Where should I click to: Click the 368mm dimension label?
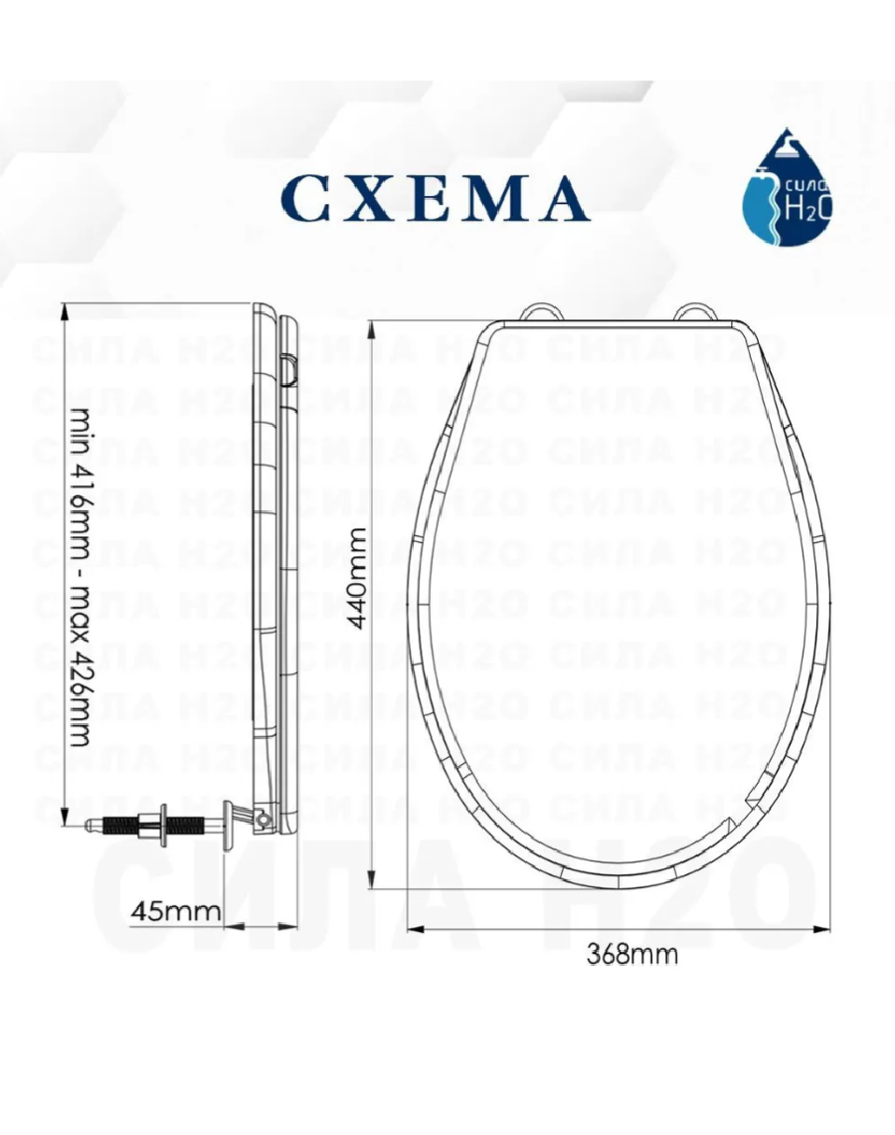point(631,954)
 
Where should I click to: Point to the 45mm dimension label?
point(175,910)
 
